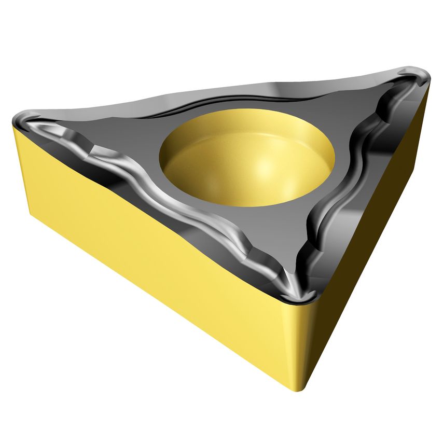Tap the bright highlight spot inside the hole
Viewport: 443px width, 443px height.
(x=270, y=169)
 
